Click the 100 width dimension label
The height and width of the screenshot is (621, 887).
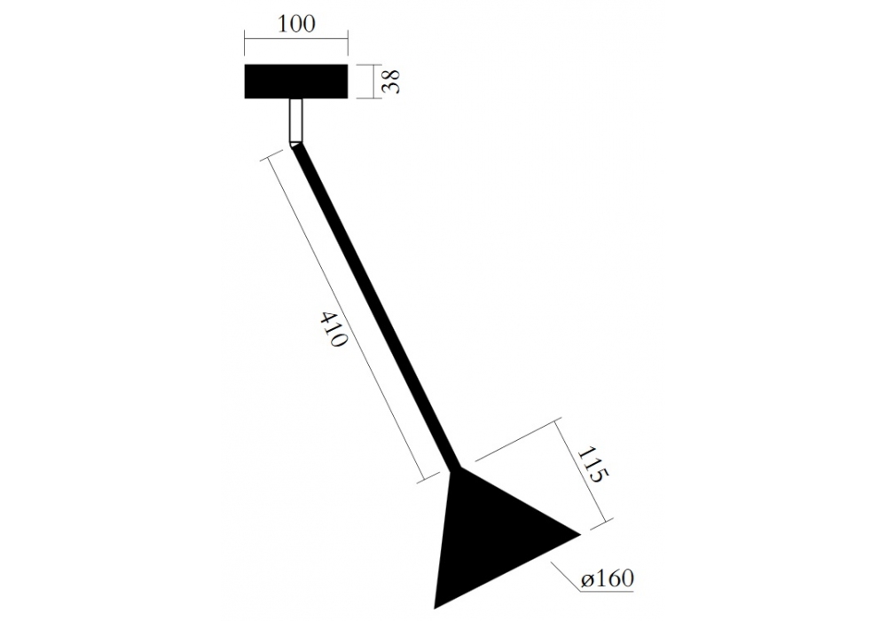point(297,24)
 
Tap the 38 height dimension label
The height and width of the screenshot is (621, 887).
point(391,82)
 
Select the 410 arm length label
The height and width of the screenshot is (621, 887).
point(334,329)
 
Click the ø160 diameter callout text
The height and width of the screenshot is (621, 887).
point(607,578)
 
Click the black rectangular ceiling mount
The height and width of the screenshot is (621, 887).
point(296,82)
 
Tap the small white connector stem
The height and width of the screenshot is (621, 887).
point(296,121)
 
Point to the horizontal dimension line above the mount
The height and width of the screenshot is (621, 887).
point(296,38)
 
